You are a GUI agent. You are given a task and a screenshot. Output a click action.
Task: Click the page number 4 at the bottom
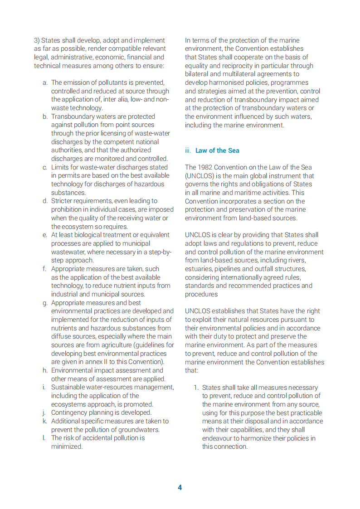(x=180, y=488)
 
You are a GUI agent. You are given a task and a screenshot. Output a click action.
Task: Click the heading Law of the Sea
(x=217, y=150)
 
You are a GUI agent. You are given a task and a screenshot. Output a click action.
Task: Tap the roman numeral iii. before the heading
(x=188, y=150)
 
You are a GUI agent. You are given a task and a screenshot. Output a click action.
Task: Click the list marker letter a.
(x=45, y=83)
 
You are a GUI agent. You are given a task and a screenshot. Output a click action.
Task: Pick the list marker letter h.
(x=45, y=370)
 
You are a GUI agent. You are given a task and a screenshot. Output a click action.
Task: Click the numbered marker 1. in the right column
(x=196, y=388)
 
